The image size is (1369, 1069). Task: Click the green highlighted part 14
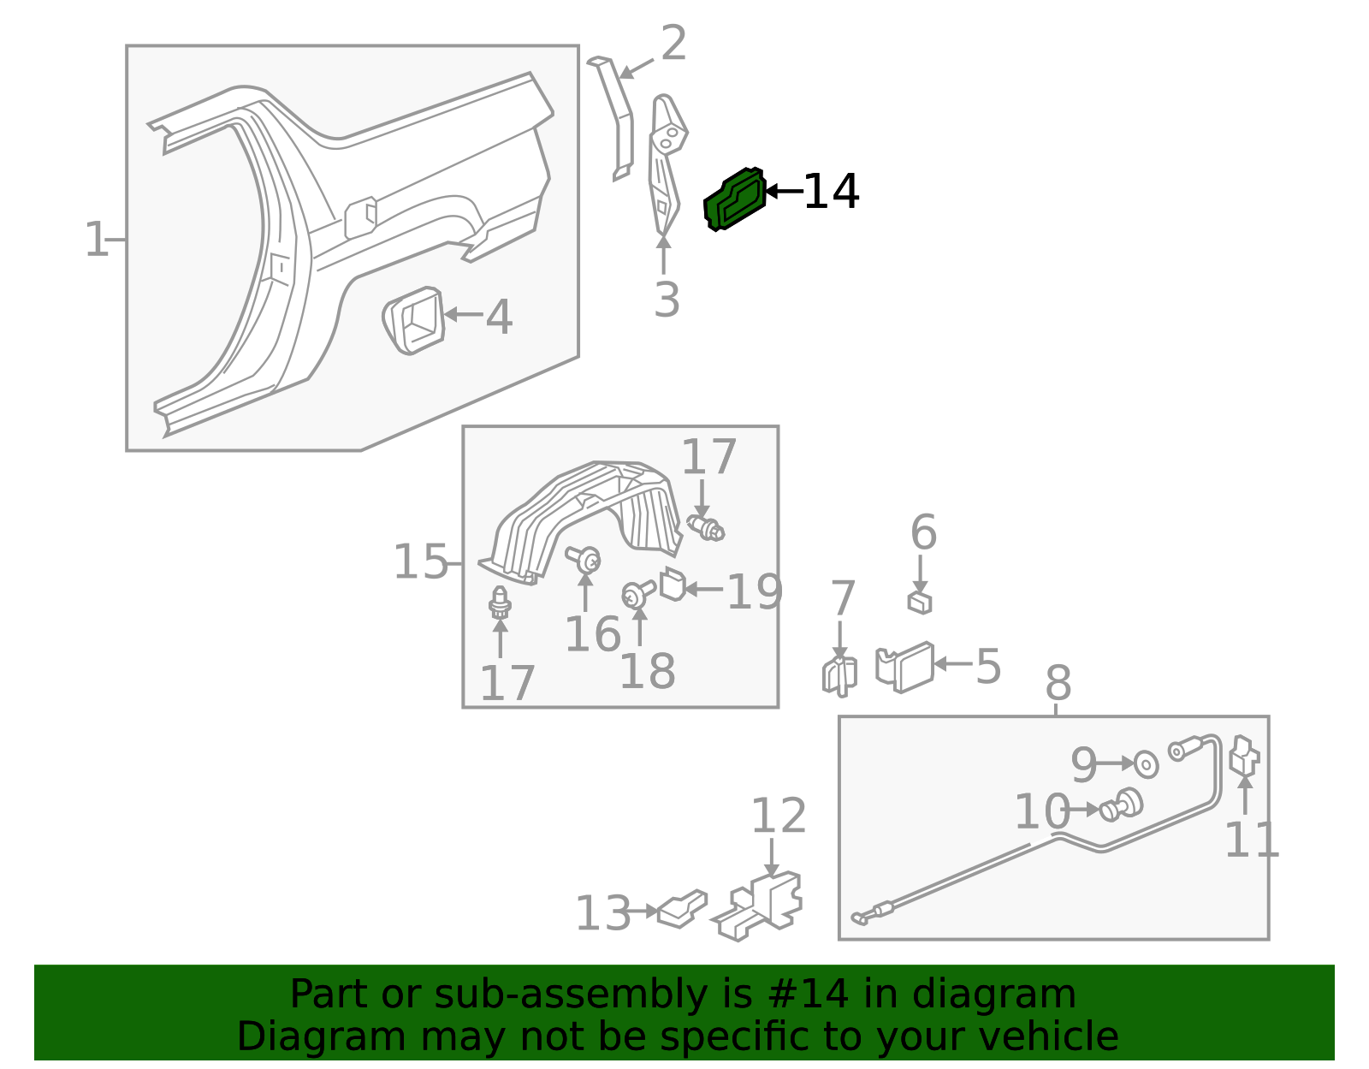tap(735, 199)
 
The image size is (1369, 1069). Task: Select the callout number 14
tap(832, 192)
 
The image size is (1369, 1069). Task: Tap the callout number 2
tap(673, 43)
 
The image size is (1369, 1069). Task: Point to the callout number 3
tap(667, 300)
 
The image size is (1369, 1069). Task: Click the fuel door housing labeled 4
tap(414, 321)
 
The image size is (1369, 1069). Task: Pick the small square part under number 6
tap(920, 603)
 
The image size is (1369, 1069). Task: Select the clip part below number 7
tap(840, 676)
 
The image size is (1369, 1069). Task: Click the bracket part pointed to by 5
tap(904, 667)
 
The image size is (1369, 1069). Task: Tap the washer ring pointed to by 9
tap(1146, 765)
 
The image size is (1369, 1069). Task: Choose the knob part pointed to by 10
tap(1121, 805)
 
